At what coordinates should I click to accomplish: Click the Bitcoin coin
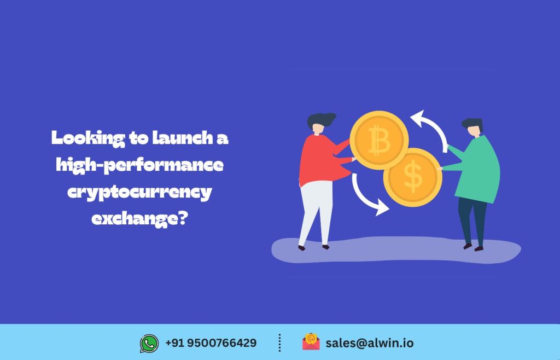pos(379,141)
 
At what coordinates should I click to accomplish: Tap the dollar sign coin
pos(413,177)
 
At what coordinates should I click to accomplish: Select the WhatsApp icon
pos(149,343)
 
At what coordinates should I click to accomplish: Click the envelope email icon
pos(311,342)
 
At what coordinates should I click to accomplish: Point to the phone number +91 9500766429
pos(211,343)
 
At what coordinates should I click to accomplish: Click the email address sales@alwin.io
pos(370,343)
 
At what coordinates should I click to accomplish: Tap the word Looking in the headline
pos(88,138)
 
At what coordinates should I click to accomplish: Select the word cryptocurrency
pos(139,193)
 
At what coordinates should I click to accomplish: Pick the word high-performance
pos(139,165)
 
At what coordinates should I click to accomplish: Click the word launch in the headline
pos(183,138)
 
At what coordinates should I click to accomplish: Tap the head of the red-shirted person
pos(319,123)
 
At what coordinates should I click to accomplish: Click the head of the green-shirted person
pos(473,127)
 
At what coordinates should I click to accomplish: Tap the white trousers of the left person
pos(316,212)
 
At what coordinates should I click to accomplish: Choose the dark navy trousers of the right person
pos(472,219)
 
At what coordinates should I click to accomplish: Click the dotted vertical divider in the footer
pos(279,343)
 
